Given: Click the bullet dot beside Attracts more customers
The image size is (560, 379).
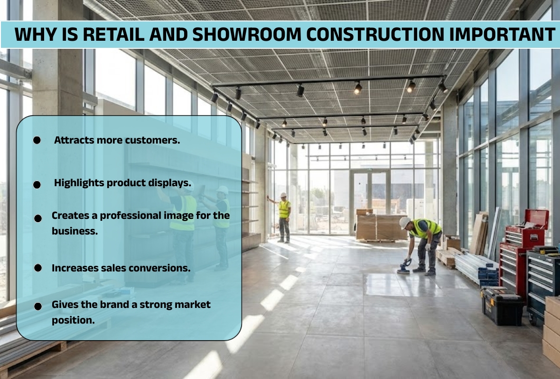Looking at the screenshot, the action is coord(37,140).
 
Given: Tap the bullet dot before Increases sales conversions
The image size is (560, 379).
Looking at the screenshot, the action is coord(38,268).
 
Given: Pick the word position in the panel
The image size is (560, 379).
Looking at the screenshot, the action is coord(73,320).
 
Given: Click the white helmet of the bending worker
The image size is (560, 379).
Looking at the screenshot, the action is coord(404,223).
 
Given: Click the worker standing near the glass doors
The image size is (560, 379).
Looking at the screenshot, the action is coord(284,217).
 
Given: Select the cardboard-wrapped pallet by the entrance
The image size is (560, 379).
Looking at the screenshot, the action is coord(380,227).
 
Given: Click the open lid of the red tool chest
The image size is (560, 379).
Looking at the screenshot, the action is coord(536,219).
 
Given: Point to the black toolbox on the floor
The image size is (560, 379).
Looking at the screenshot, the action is coord(503,306).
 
